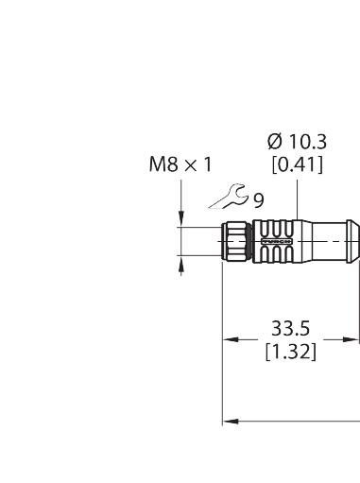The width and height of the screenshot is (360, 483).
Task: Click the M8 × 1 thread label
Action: (179, 165)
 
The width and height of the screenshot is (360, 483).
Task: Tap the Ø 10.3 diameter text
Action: (297, 142)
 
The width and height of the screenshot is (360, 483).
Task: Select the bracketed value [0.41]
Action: (297, 165)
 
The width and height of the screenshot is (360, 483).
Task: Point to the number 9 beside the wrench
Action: (258, 199)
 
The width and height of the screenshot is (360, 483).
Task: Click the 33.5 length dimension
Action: (290, 331)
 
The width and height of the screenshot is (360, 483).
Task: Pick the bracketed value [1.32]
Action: (290, 352)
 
